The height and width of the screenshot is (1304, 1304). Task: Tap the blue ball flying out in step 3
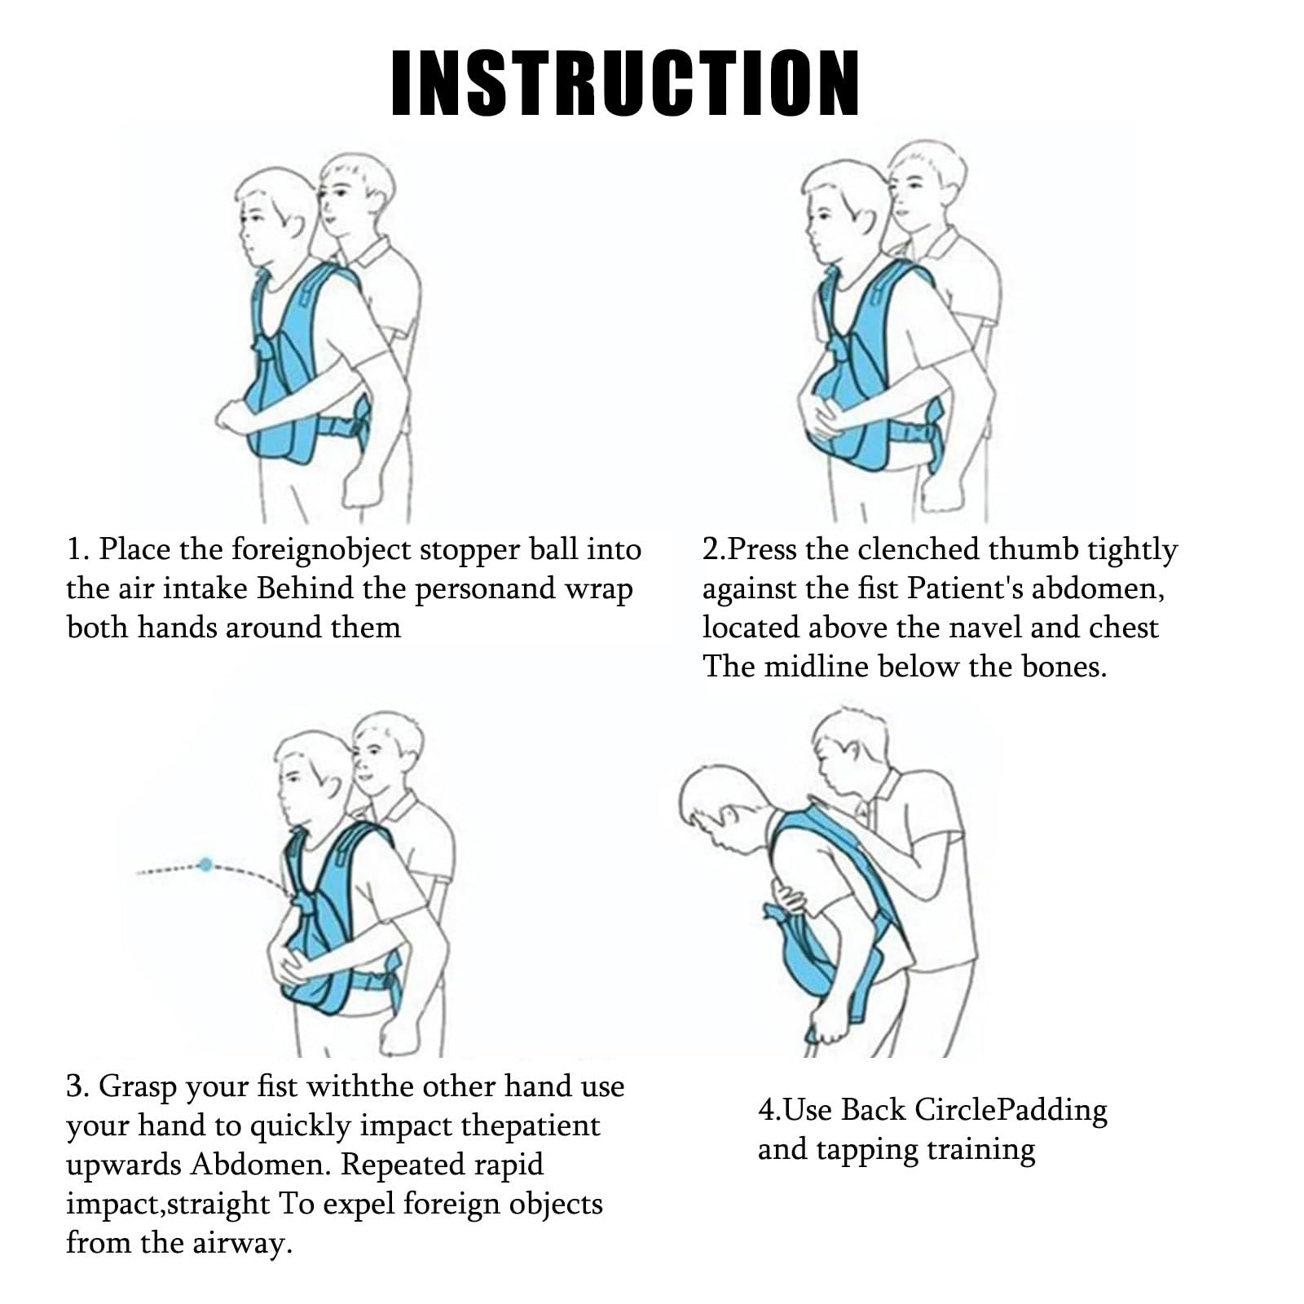pos(207,863)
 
